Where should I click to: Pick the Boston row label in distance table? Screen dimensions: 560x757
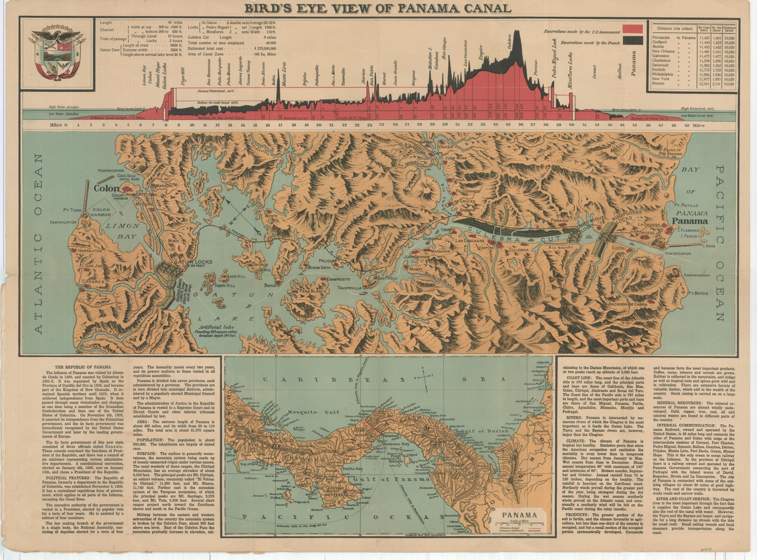click(658, 83)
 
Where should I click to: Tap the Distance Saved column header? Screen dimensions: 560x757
click(729, 30)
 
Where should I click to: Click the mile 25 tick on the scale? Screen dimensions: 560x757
click(382, 125)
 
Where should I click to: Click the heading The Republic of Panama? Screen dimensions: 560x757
click(83, 367)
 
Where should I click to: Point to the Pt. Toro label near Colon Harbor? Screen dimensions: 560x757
click(72, 210)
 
